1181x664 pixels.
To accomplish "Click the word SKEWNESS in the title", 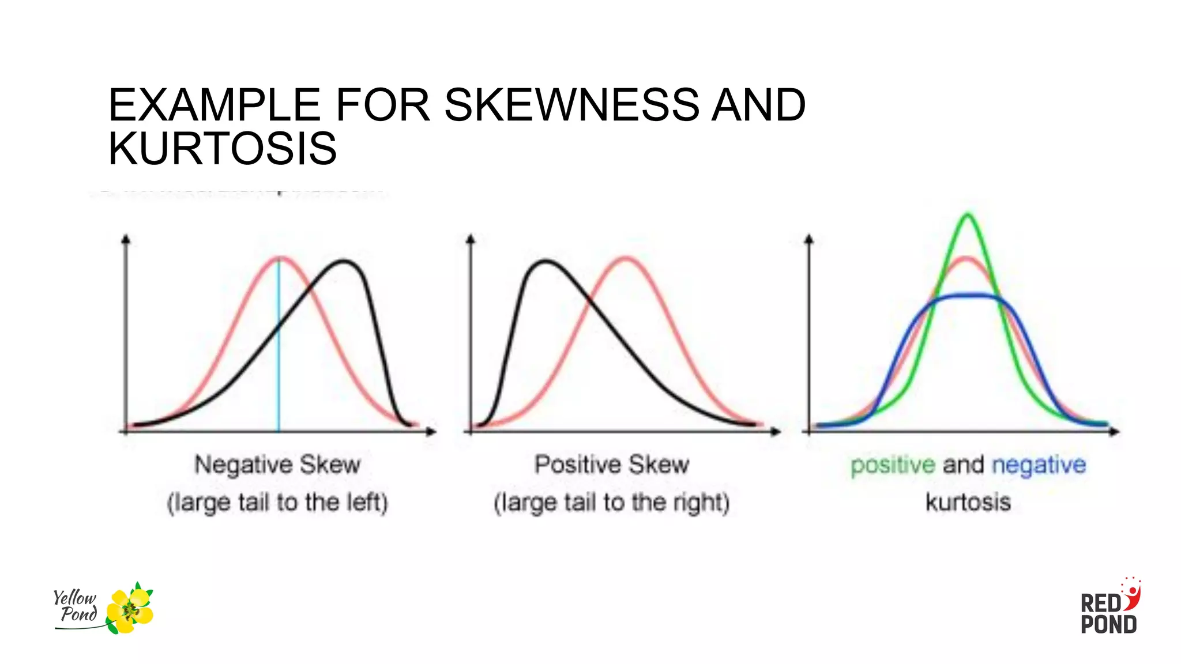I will click(x=571, y=105).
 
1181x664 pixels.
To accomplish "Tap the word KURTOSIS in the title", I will click(x=223, y=149).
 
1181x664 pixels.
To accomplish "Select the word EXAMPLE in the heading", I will click(x=214, y=105).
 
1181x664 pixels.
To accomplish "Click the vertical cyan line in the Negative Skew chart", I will click(x=279, y=346).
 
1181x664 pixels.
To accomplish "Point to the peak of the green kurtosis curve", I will click(x=968, y=216).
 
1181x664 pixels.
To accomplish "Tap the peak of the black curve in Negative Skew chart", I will click(x=344, y=262).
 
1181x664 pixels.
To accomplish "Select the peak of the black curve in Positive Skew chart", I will click(x=545, y=262).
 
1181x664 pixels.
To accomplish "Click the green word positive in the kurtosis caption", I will click(x=893, y=465).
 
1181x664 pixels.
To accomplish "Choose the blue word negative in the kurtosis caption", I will click(x=1039, y=465).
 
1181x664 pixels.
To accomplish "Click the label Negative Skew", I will click(x=277, y=465).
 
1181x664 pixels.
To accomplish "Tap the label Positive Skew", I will click(x=611, y=465).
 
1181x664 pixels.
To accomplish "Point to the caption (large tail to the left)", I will click(x=277, y=503).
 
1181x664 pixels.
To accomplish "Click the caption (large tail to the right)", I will click(x=611, y=503).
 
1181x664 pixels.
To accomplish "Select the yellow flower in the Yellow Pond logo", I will click(x=131, y=610).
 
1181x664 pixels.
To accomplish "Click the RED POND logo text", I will click(x=1108, y=614).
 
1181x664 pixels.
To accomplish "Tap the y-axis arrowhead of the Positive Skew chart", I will click(x=471, y=239).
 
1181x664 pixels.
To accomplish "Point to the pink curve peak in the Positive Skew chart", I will click(x=626, y=258).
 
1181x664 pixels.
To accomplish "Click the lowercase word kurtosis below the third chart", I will click(x=968, y=503).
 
